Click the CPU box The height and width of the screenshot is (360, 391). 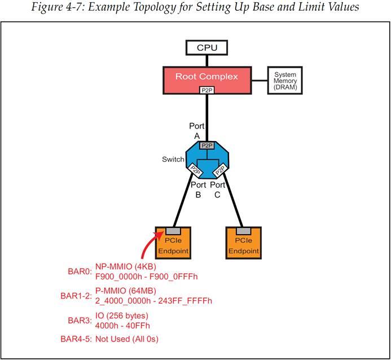[207, 47]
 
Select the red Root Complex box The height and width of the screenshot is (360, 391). [207, 80]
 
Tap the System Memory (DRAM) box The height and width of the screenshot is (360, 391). [285, 81]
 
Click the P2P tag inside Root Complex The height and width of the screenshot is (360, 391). [207, 90]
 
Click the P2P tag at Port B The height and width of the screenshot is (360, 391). [195, 169]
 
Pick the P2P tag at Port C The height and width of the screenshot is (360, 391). [219, 169]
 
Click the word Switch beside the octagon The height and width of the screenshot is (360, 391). [173, 159]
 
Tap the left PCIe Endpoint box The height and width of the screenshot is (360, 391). [174, 243]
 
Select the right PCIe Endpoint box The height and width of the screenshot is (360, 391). [244, 243]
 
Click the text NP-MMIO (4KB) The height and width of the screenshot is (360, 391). [125, 266]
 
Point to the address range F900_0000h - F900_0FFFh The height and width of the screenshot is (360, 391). [147, 276]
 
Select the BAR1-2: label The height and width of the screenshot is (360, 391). [76, 296]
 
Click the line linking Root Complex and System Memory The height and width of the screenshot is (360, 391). [258, 80]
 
